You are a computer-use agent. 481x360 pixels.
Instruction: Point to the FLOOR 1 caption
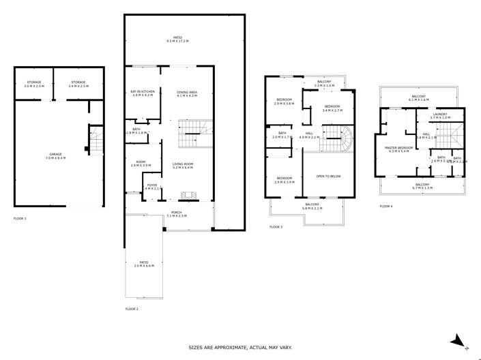20,219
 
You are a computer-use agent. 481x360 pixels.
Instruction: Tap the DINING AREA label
187,93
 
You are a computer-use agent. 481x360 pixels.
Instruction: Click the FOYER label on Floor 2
151,184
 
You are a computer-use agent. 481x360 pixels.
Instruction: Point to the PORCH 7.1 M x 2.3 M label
177,214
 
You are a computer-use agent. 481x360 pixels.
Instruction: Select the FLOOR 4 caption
386,206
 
